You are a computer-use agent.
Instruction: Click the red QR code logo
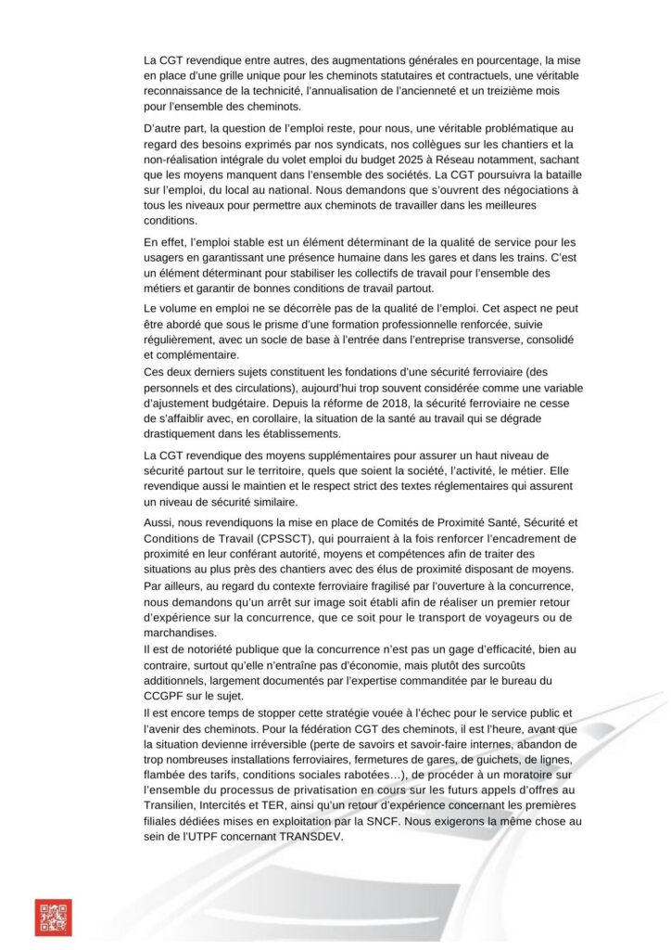coord(53,917)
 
